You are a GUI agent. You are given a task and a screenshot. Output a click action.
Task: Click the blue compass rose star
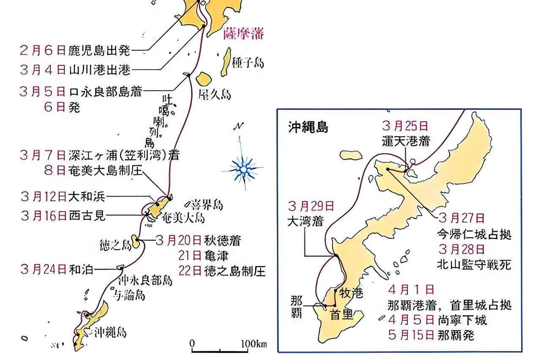click(x=244, y=169)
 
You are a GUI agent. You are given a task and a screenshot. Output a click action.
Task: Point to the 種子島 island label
click(x=248, y=63)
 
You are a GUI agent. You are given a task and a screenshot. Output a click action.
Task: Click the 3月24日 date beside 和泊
click(x=43, y=269)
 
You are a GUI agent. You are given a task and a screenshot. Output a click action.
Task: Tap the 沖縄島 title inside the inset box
click(x=308, y=127)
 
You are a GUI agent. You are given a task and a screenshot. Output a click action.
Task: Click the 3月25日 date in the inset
click(x=404, y=126)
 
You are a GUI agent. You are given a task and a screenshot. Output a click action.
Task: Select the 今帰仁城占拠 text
click(x=475, y=234)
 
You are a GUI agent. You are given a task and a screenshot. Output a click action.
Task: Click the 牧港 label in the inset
click(x=352, y=293)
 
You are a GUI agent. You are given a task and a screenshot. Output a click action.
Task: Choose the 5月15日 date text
click(x=411, y=335)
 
